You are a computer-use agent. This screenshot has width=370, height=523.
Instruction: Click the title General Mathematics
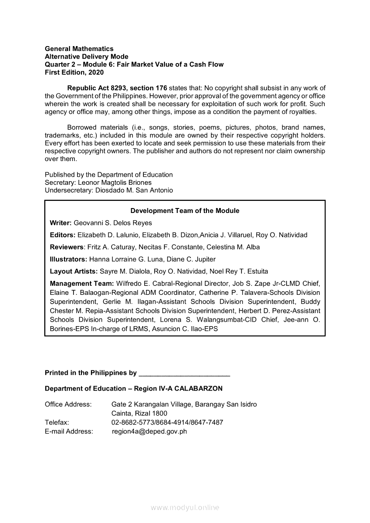[79, 48]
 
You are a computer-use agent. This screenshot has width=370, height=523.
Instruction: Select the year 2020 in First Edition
[96, 72]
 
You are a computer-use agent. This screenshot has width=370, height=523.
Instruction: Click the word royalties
[300, 111]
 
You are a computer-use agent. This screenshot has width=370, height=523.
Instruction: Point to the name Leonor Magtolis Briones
[115, 183]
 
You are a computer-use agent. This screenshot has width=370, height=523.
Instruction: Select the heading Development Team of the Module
[185, 211]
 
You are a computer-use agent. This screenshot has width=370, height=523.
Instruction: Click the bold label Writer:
[60, 223]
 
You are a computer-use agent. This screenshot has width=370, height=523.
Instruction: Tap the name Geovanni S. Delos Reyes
[113, 223]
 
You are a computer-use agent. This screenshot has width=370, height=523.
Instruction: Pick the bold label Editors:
[62, 235]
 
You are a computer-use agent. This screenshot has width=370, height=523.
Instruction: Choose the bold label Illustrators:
[69, 259]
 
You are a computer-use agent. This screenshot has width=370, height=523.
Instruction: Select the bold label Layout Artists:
[73, 271]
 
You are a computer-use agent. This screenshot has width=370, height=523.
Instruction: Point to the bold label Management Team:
[82, 283]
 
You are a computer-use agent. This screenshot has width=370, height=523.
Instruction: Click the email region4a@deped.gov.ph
[150, 431]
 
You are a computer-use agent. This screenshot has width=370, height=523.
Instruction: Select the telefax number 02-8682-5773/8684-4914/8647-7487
[167, 422]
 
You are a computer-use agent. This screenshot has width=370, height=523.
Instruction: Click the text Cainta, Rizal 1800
[139, 413]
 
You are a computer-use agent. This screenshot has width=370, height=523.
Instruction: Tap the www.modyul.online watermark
[185, 507]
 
